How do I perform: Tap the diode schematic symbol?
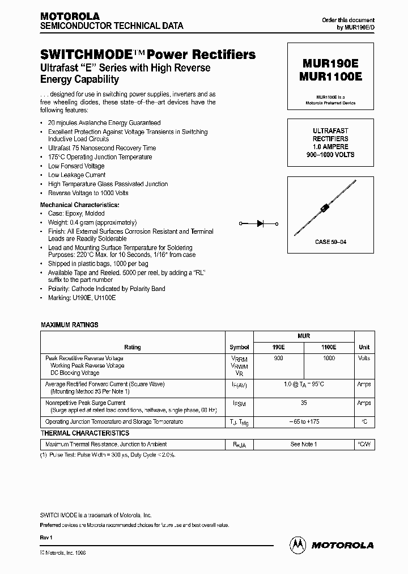click(261, 224)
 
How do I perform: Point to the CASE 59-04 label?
click(330, 242)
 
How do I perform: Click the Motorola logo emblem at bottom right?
click(297, 545)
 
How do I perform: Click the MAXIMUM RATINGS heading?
click(70, 325)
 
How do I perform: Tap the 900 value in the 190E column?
click(279, 358)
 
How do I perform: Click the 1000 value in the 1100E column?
click(329, 358)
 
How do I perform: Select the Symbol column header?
click(239, 347)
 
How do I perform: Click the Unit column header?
click(364, 347)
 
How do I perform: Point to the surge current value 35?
click(304, 403)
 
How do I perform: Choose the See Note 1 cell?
click(304, 444)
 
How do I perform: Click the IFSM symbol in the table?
click(239, 404)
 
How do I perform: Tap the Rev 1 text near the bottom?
click(46, 537)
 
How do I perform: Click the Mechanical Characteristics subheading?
click(79, 204)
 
